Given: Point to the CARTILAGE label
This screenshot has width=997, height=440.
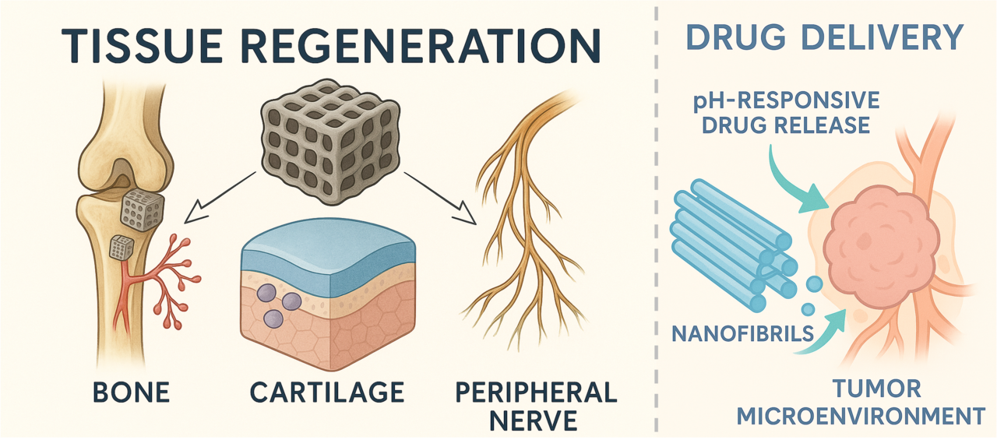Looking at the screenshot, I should click(327, 391).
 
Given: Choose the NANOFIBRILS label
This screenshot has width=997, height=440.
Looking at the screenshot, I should click(742, 334).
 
